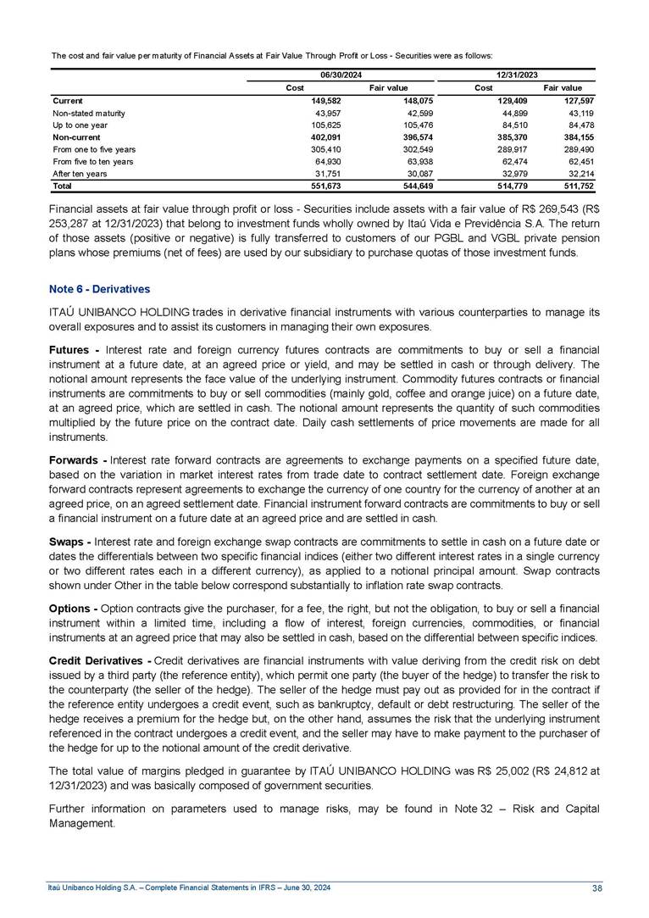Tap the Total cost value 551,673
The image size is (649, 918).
coord(324,185)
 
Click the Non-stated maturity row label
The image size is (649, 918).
coord(89,113)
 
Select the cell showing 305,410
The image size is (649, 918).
coord(324,148)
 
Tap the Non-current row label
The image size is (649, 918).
coord(76,136)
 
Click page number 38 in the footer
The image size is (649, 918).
coord(597,887)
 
